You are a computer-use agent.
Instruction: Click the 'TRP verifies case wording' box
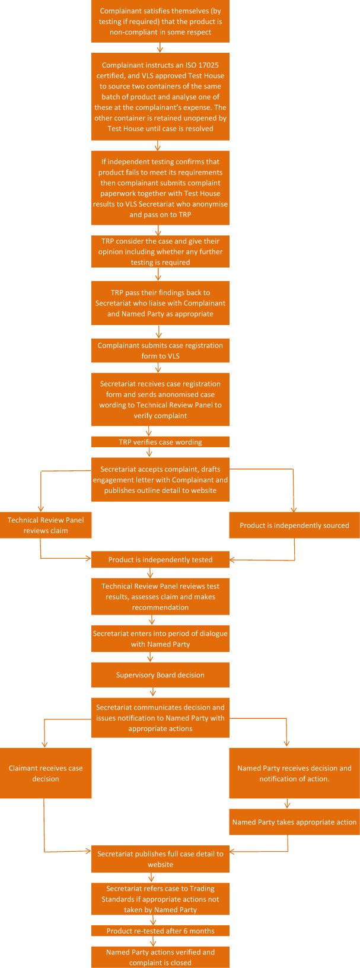160,442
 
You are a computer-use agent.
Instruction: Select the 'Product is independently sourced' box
294,525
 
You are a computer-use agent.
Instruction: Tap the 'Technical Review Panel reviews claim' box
46,525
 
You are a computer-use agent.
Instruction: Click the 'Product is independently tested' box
160,559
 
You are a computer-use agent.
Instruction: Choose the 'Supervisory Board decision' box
160,675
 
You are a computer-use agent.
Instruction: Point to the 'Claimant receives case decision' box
46,773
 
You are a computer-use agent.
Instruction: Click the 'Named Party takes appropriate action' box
294,822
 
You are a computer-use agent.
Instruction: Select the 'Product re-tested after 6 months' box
160,931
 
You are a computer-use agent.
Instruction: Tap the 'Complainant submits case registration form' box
160,351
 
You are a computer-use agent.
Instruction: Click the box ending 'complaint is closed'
160,957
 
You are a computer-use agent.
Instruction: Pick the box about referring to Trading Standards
160,899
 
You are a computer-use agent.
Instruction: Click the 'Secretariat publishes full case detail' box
160,859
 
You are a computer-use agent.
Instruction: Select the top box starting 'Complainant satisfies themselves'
160,21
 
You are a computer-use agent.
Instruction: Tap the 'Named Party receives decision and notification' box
294,773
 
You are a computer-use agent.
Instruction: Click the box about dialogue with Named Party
160,638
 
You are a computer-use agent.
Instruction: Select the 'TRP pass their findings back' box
160,303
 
